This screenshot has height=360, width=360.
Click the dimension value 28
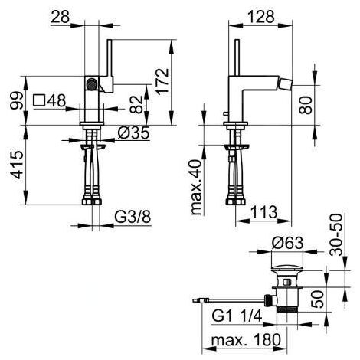(x=61, y=18)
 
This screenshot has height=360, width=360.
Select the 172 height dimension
(x=162, y=82)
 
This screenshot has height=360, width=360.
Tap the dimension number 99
(x=17, y=100)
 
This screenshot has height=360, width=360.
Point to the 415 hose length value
(x=17, y=165)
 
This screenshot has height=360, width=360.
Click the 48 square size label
(x=57, y=100)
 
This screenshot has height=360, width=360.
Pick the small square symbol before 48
(x=39, y=100)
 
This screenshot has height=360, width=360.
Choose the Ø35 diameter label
(x=133, y=133)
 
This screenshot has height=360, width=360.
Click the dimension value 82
(x=136, y=104)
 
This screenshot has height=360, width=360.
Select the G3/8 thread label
(x=133, y=218)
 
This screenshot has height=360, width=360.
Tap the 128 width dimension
(x=261, y=17)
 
